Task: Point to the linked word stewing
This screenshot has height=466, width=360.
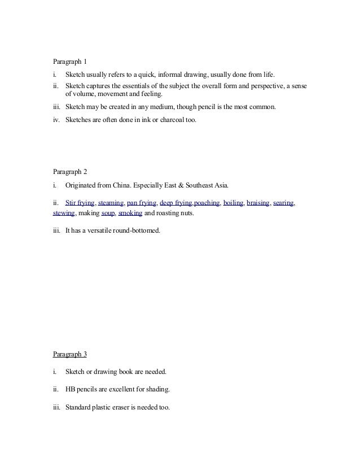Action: click(x=64, y=214)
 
